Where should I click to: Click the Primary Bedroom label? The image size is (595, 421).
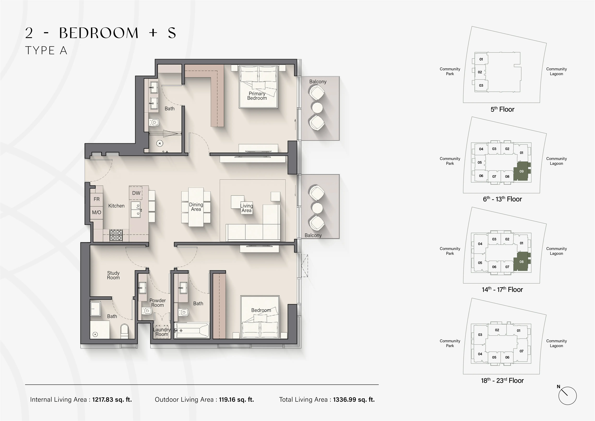257,96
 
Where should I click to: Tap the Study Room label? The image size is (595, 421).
113,275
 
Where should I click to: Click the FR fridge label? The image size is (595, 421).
96,199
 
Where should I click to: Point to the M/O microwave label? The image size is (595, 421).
96,212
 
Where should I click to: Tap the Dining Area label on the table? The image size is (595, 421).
196,207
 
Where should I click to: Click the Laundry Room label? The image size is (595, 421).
162,332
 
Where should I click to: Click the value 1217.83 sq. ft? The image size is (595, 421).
112,400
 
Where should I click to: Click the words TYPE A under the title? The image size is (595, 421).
46,51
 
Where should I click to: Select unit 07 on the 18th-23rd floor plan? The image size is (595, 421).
521,351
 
